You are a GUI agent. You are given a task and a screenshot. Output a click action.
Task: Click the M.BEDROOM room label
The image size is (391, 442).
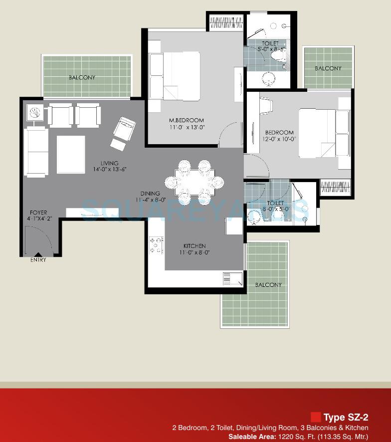186,120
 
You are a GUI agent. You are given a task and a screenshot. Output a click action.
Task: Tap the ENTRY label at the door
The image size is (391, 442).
38,260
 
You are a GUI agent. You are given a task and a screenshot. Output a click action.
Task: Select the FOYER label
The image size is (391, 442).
37,212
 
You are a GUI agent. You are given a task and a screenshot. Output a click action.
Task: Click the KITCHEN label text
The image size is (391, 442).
194,246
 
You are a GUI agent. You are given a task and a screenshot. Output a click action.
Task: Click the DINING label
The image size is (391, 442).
150,194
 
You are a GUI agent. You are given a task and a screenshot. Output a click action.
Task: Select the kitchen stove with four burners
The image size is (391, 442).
156,245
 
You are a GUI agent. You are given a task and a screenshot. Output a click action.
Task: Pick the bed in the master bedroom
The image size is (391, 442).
176,76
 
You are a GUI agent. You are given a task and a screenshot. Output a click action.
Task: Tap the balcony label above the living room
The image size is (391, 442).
82,78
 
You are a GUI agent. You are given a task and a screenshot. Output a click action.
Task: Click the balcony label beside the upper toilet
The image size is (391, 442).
328,68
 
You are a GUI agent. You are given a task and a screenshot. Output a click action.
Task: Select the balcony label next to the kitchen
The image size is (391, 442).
268,285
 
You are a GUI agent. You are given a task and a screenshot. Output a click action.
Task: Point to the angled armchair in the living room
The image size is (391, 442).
124,127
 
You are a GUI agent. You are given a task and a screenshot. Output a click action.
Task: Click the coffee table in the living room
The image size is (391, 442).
71,154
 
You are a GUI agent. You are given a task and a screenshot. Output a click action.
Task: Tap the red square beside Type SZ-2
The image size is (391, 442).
315,417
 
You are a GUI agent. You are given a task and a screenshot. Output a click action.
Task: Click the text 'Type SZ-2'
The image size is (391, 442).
346,418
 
